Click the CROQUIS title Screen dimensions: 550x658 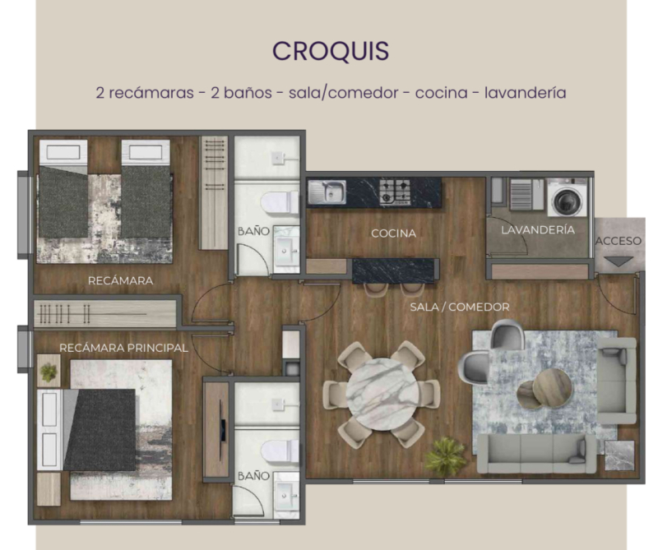[331, 50]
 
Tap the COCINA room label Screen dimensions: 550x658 [393, 233]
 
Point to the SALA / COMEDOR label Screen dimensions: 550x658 [460, 307]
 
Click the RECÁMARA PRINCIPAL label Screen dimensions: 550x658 [123, 349]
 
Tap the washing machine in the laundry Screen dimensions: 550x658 [567, 198]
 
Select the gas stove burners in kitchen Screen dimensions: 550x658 [395, 192]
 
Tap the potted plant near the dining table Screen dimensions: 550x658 [445, 455]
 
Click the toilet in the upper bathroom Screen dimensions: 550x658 [276, 200]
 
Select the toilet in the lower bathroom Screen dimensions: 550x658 [276, 451]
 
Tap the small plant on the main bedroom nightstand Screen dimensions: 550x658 [49, 372]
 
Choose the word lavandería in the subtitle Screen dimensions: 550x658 [526, 92]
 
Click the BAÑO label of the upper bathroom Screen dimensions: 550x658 [253, 232]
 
